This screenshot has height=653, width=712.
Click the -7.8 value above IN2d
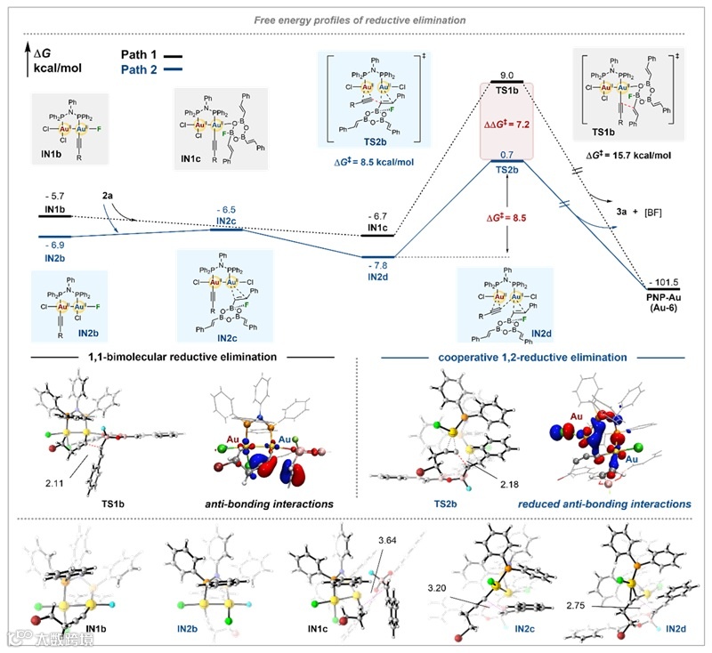coord(377,263)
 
